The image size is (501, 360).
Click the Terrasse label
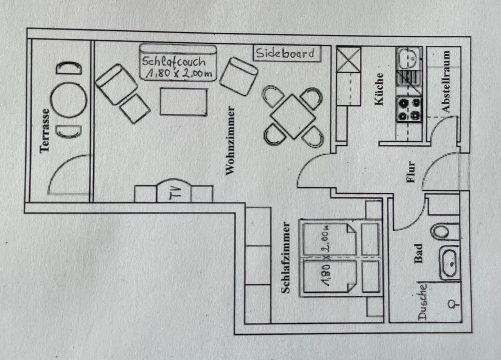[x=45, y=131]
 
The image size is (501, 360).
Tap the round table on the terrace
[x=69, y=100]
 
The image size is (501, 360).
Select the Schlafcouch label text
[x=174, y=61]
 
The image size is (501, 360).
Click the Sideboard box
[x=287, y=54]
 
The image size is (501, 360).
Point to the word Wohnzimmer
[x=230, y=140]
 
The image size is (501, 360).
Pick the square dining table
[x=293, y=116]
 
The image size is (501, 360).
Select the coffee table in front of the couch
[x=184, y=102]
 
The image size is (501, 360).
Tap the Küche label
[x=379, y=89]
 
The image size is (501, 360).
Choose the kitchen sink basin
[x=408, y=58]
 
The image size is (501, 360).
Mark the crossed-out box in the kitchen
[x=349, y=59]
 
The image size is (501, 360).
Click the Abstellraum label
[x=445, y=81]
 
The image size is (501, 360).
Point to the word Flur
[x=411, y=172]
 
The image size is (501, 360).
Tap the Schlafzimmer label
[x=285, y=257]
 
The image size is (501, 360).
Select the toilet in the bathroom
[x=440, y=232]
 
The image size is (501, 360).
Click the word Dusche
[x=422, y=302]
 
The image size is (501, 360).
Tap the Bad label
[x=418, y=253]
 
